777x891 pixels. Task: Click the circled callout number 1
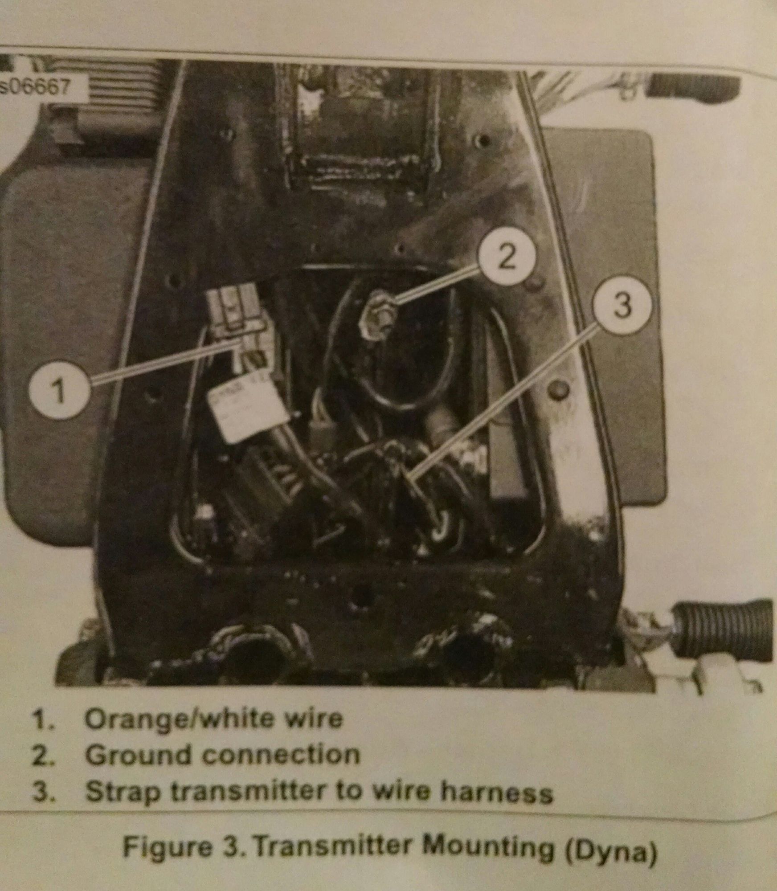tap(60, 392)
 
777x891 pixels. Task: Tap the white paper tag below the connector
tap(236, 410)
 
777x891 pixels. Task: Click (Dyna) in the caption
tap(609, 850)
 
